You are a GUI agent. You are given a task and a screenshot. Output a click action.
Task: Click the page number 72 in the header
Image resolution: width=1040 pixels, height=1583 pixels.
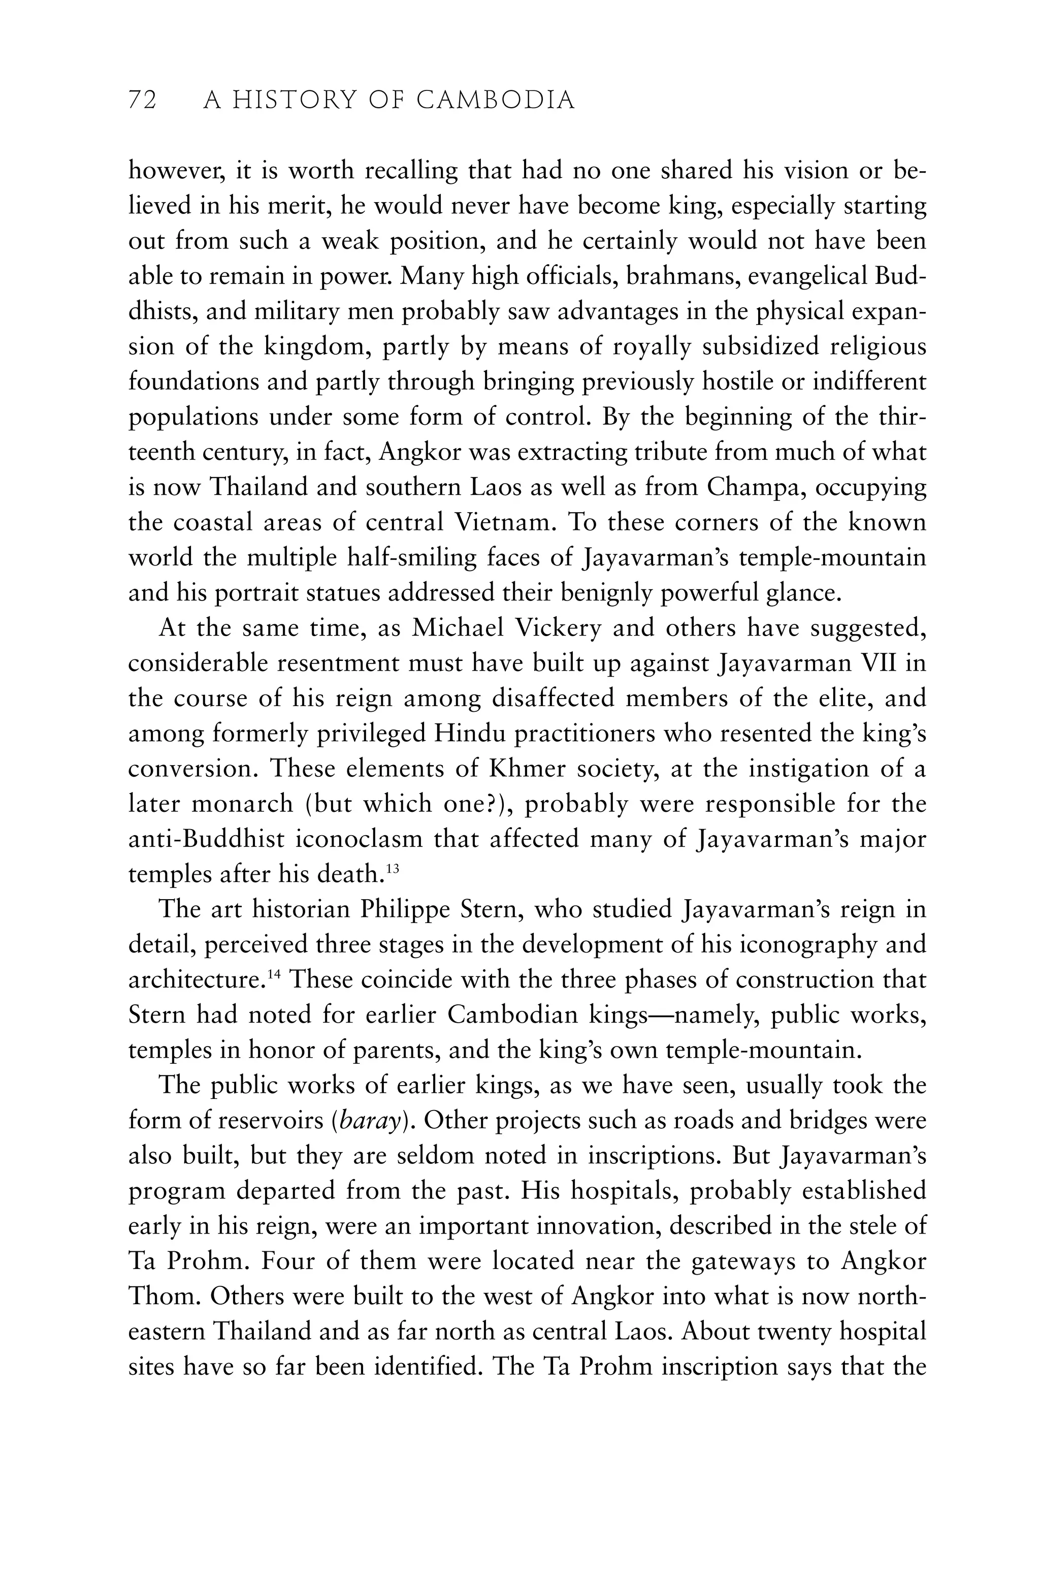(x=142, y=101)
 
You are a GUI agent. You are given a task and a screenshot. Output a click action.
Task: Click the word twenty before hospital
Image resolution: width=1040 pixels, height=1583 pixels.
(x=795, y=1332)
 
